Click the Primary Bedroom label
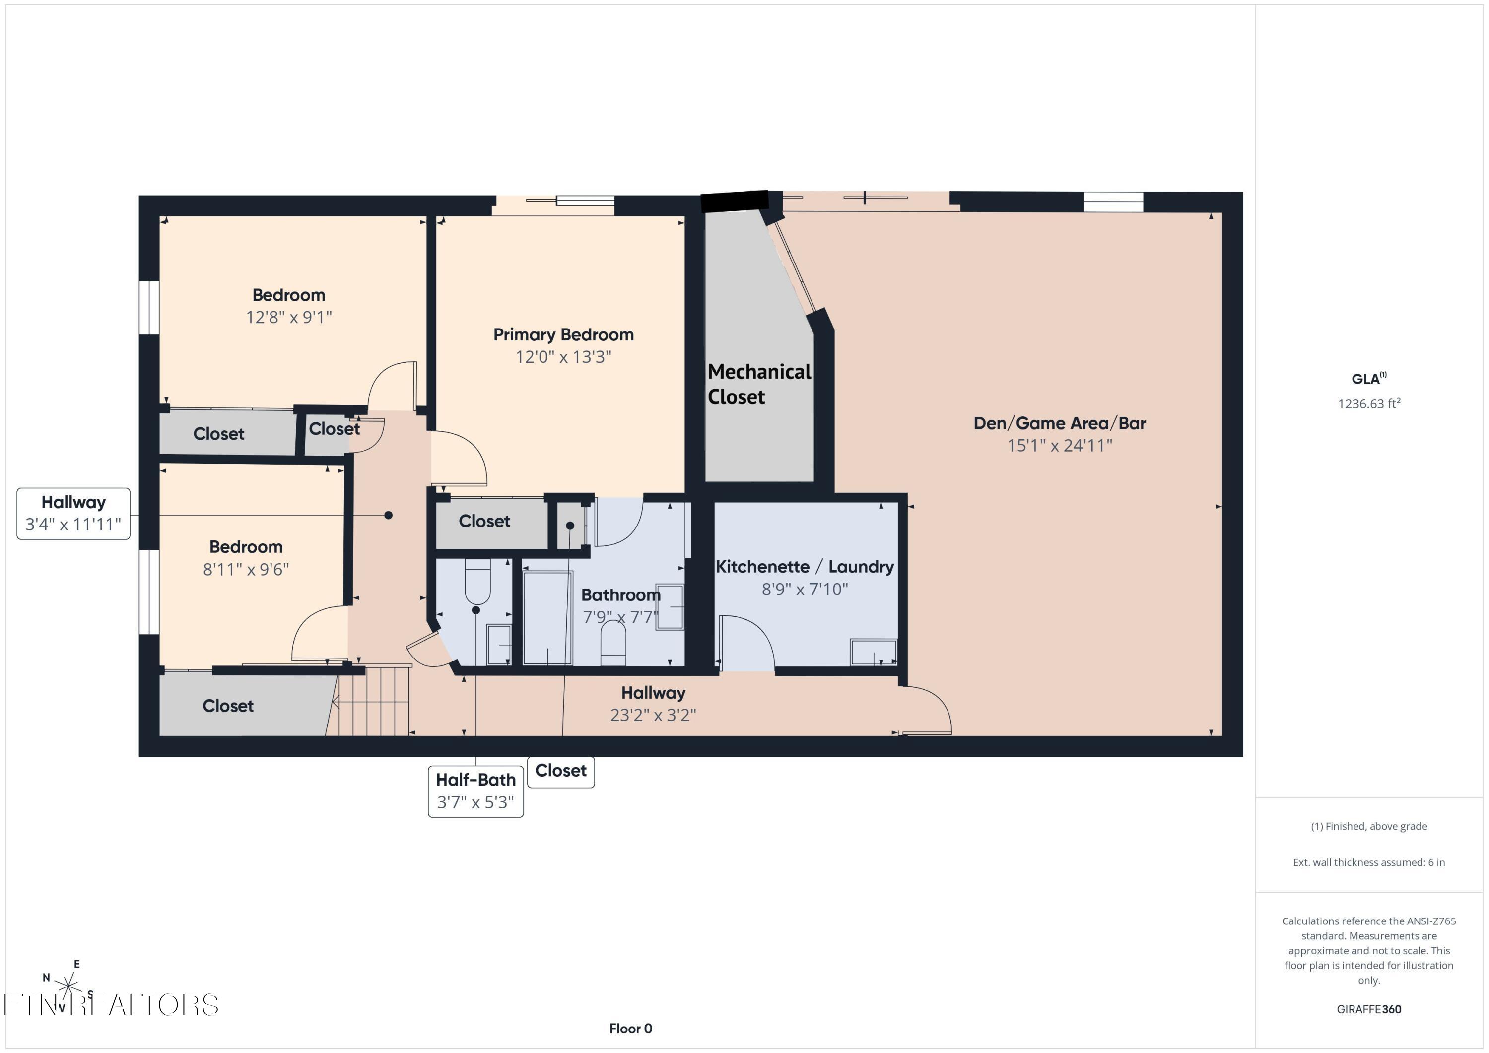pos(563,334)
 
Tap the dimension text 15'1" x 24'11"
pos(1059,446)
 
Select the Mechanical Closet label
pos(759,384)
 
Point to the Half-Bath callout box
pos(475,791)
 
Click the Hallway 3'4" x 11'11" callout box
pos(73,514)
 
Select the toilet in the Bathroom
pos(613,643)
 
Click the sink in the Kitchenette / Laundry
pos(874,652)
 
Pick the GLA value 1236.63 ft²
pos(1368,404)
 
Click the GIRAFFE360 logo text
pos(1368,1009)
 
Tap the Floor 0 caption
pos(630,1028)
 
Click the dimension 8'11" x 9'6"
pos(246,569)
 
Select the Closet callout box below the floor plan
pos(560,771)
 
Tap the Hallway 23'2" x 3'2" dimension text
pos(653,715)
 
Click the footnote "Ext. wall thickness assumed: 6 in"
pos(1368,862)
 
